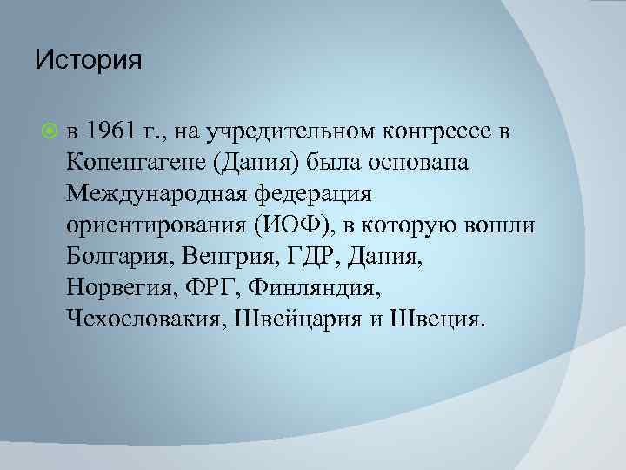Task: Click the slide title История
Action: pos(88,62)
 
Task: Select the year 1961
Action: pos(111,131)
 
